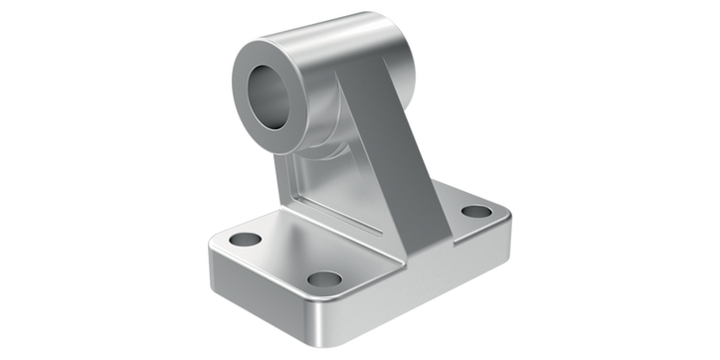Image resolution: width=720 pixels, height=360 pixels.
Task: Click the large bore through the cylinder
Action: coord(277,93)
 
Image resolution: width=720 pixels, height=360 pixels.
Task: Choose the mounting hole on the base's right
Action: coord(475,212)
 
